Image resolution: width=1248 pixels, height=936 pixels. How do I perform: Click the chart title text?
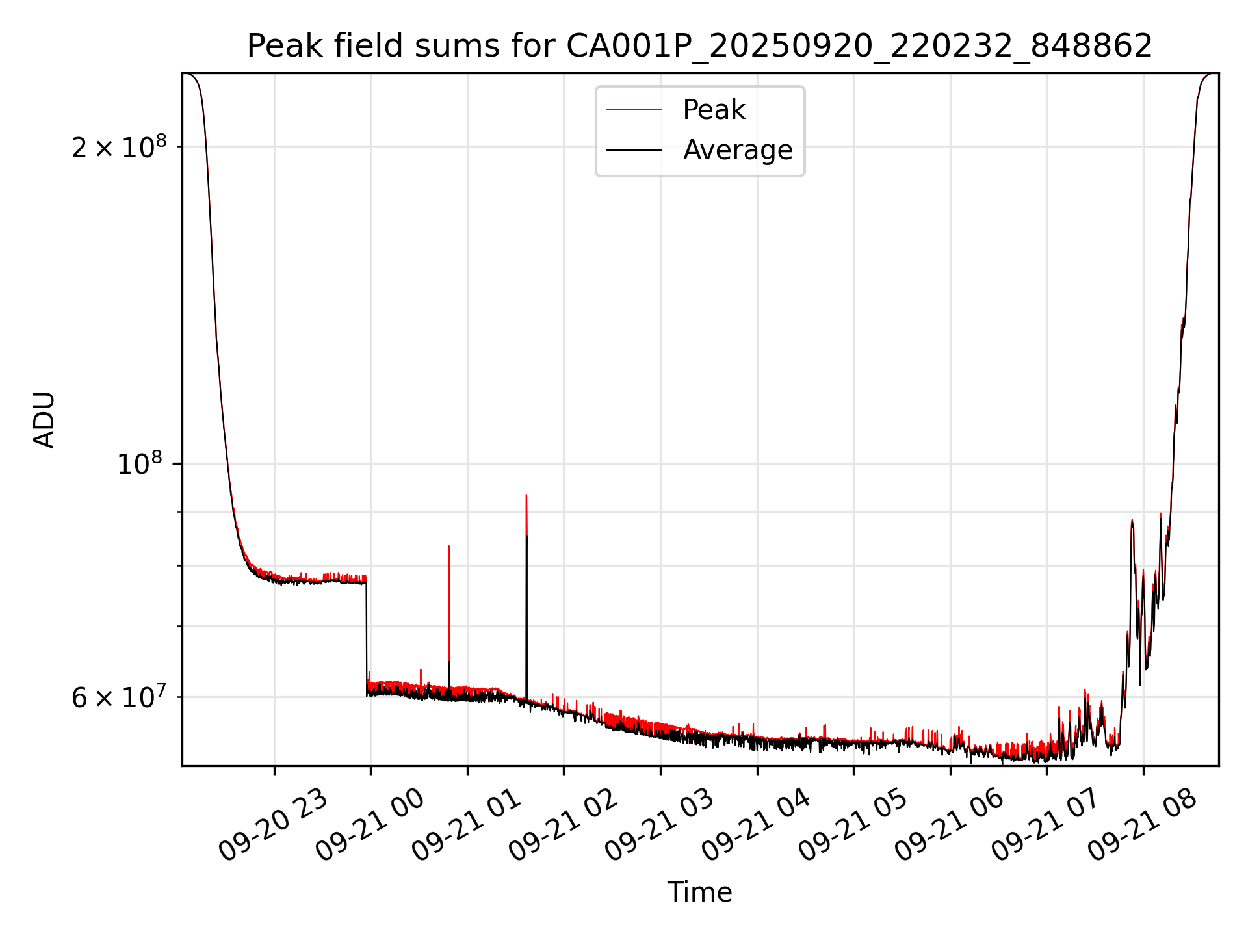pyautogui.click(x=699, y=46)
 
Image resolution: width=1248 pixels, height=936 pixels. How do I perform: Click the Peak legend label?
pyautogui.click(x=714, y=110)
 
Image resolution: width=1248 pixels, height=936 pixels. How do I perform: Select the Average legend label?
pyautogui.click(x=738, y=150)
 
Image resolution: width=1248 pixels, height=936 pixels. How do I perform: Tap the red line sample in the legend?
pyautogui.click(x=634, y=110)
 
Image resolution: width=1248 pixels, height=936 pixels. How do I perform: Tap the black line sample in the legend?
pyautogui.click(x=634, y=150)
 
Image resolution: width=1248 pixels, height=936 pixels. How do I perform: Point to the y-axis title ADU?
pyautogui.click(x=44, y=420)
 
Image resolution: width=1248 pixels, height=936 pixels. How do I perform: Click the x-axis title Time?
pyautogui.click(x=699, y=892)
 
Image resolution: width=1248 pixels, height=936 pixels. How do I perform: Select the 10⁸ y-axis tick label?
pyautogui.click(x=139, y=464)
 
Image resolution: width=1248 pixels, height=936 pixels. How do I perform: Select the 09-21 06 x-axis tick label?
pyautogui.click(x=949, y=825)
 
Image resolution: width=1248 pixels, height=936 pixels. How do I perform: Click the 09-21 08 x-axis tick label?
pyautogui.click(x=1142, y=825)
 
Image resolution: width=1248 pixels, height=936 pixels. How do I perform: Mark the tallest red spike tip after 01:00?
pyautogui.click(x=526, y=496)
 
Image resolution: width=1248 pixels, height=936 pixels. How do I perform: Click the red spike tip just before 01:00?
pyautogui.click(x=449, y=547)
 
